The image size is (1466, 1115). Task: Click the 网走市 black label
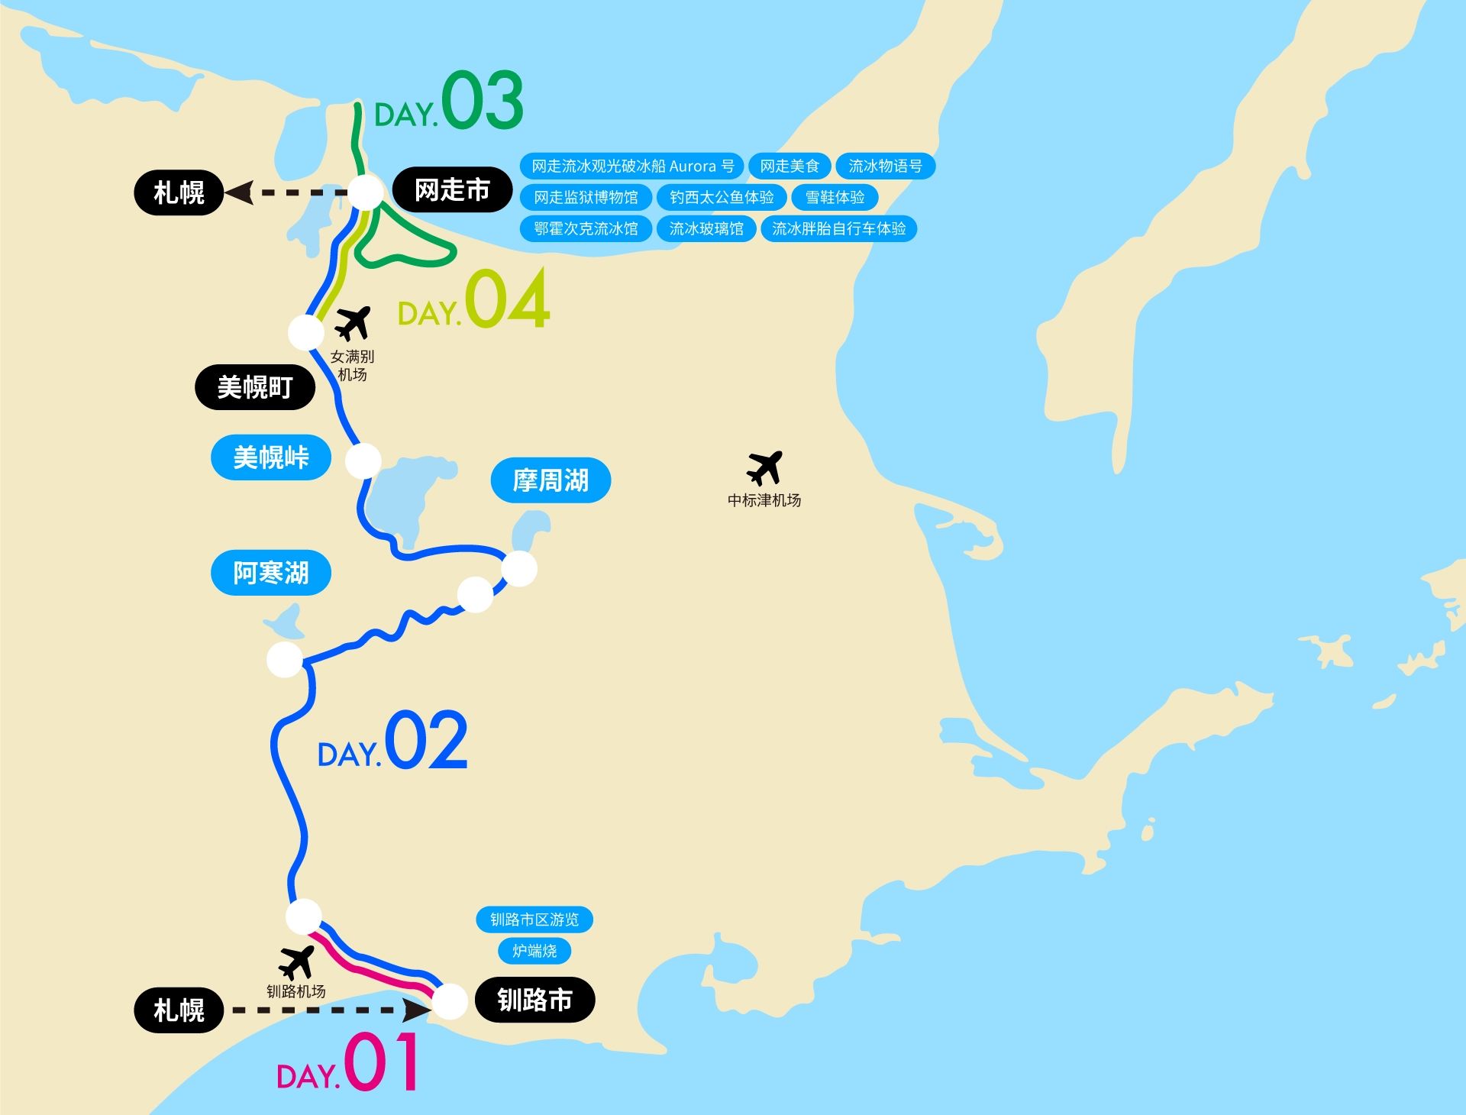pos(452,190)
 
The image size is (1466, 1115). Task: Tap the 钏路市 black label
pos(534,1000)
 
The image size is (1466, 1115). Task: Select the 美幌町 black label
pos(255,387)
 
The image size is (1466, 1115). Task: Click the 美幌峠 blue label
pos(271,457)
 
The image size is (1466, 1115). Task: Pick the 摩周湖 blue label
pos(551,480)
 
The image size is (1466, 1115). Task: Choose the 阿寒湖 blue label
pos(271,573)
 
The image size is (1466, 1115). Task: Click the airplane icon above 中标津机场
pos(764,467)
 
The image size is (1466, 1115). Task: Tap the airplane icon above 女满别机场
pos(353,323)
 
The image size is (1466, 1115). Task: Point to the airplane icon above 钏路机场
pos(296,962)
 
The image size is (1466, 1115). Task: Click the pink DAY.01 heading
pos(348,1063)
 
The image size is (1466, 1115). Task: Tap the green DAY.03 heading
pos(449,102)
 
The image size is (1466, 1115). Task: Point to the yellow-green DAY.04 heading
pos(473,300)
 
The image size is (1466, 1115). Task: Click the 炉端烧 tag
pos(534,951)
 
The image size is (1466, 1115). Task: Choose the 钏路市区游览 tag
pos(534,919)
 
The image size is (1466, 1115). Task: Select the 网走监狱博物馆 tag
pos(586,197)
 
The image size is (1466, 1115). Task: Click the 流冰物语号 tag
pos(885,166)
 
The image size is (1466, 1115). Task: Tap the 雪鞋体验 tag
pos(835,197)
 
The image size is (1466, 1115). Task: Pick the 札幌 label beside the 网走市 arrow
pos(179,192)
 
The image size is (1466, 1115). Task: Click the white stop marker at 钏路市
pos(450,1001)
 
